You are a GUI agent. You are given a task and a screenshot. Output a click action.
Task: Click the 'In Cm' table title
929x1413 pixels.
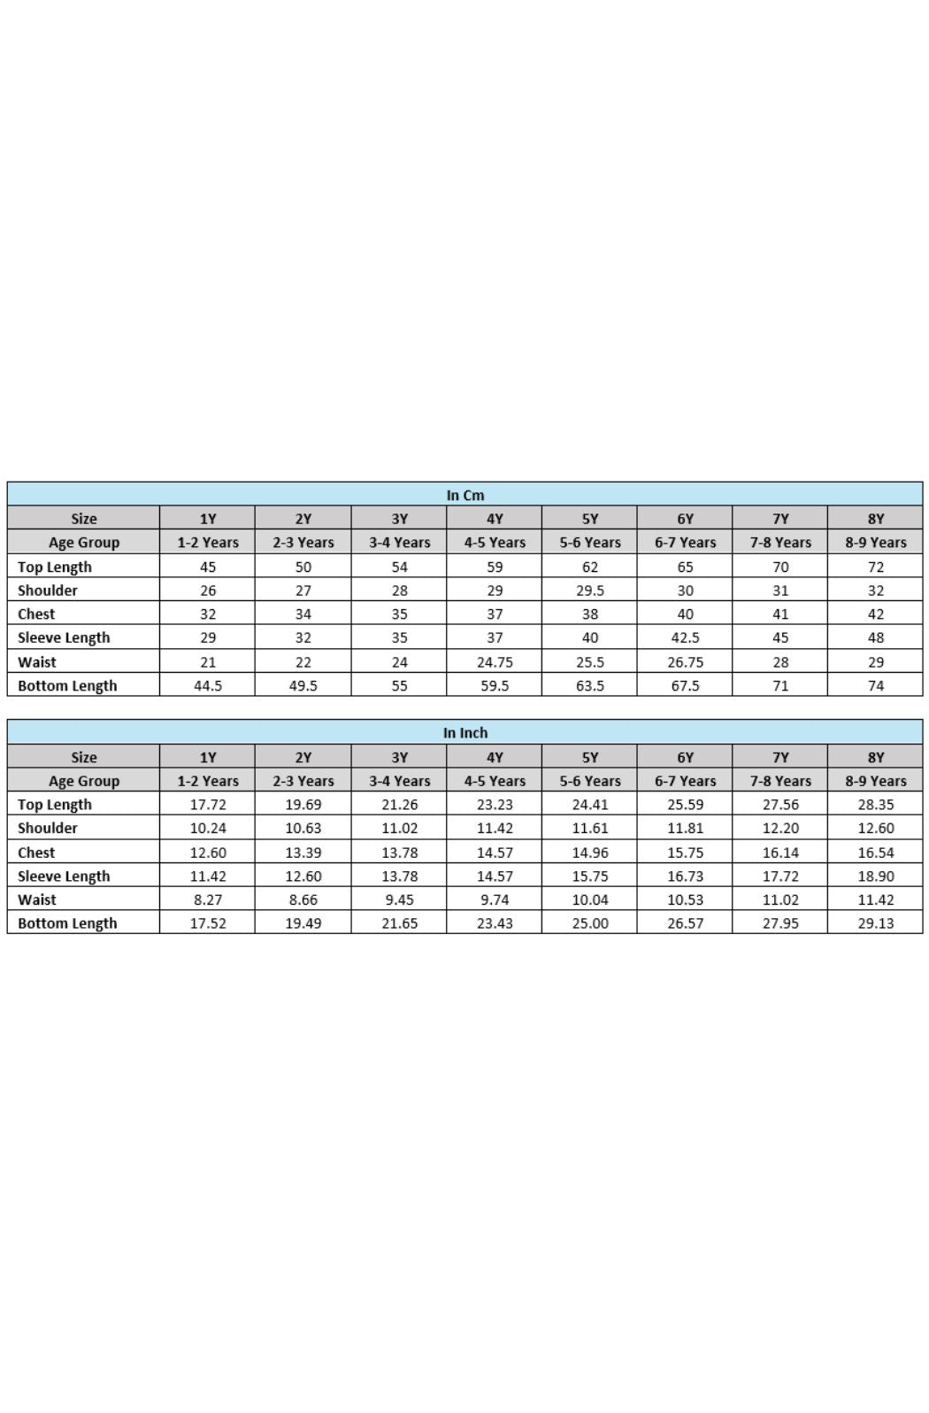coord(464,495)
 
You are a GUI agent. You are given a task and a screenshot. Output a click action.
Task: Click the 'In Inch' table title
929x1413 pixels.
coord(464,733)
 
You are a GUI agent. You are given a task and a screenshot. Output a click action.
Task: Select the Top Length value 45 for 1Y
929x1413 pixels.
coord(207,567)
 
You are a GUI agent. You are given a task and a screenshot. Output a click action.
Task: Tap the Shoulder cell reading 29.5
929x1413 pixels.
coord(589,591)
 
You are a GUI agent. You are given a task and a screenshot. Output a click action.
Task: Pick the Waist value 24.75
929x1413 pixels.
coord(494,661)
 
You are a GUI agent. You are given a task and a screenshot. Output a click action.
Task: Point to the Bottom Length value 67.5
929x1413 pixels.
coord(685,685)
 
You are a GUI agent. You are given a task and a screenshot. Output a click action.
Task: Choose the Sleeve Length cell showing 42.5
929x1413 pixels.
coord(685,637)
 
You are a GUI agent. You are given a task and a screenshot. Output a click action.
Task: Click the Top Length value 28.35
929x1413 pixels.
coord(875,805)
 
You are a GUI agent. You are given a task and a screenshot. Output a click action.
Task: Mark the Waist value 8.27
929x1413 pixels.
coord(207,900)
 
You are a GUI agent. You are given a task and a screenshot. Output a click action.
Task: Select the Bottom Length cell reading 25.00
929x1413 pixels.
coord(589,923)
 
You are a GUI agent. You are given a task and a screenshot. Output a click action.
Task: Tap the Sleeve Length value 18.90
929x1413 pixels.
coord(875,876)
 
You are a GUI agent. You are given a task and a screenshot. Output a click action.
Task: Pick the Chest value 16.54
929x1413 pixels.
coord(875,853)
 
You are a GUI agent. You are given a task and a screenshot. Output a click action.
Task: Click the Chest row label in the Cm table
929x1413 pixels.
coord(36,614)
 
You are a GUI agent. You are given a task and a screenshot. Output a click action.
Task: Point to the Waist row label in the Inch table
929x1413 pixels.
coord(37,900)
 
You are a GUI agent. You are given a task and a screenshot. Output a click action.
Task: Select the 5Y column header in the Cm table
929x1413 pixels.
coord(589,519)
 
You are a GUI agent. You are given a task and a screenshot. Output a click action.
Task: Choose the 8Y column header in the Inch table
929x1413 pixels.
coord(875,757)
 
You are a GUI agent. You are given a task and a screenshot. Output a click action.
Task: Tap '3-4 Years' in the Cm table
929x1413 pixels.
coord(399,543)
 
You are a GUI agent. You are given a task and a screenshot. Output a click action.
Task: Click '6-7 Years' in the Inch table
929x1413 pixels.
coord(685,781)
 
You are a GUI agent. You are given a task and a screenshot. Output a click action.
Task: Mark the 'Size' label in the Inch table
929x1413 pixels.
coord(84,757)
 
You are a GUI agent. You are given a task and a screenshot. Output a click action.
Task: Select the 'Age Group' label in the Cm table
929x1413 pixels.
coord(84,543)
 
